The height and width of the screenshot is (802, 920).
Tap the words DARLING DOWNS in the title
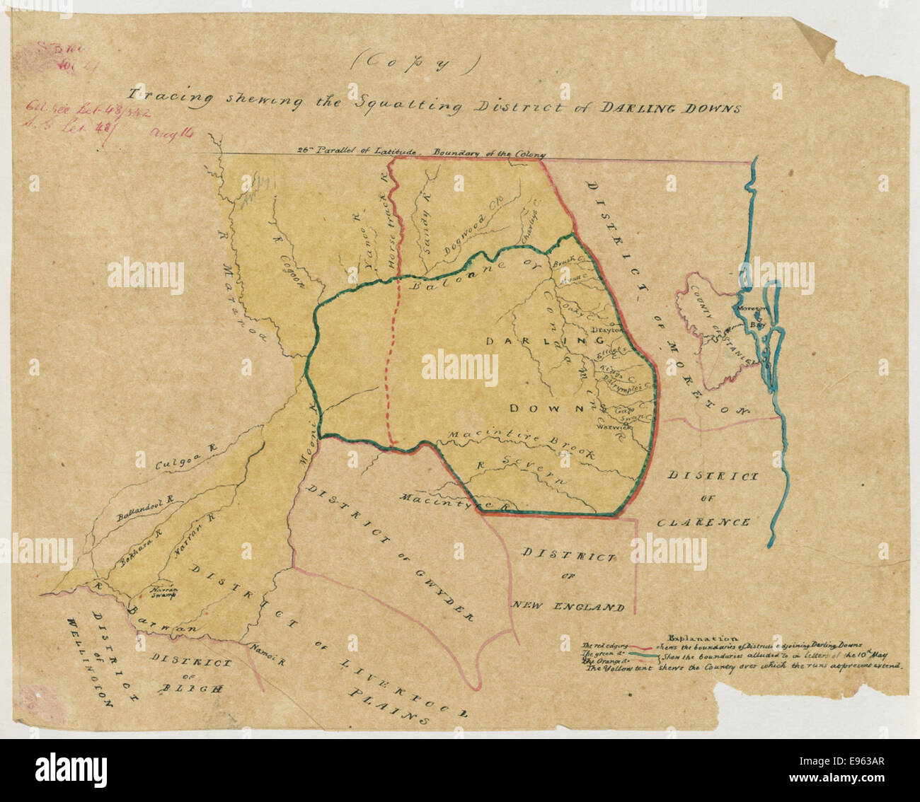pos(670,108)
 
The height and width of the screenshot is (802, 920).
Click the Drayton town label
pos(606,330)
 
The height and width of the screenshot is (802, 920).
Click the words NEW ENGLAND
pos(568,607)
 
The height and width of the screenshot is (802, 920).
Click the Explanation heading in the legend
pos(699,637)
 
